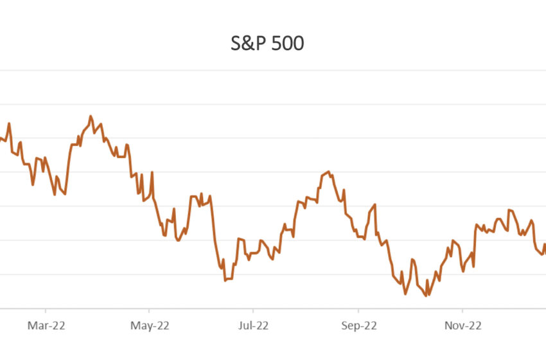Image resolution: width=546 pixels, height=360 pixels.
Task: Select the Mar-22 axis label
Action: [46, 326]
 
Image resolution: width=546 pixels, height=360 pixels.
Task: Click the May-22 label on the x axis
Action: [149, 326]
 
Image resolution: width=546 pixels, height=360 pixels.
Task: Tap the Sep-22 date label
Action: [358, 326]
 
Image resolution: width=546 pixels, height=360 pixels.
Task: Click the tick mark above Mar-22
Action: [46, 312]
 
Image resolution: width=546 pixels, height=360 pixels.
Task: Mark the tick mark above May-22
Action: [149, 312]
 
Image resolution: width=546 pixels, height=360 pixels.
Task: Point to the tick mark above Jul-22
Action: [252, 312]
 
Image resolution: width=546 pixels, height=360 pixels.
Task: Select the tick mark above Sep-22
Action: [358, 312]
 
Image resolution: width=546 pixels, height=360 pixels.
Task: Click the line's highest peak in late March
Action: [91, 116]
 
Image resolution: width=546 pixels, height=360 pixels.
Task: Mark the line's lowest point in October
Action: [425, 296]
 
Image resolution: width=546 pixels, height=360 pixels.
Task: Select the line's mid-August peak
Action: [328, 172]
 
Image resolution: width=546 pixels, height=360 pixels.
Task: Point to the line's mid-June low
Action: [225, 280]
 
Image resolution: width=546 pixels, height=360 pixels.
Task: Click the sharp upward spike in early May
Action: [152, 172]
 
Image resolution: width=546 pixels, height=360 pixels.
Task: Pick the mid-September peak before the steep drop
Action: [374, 204]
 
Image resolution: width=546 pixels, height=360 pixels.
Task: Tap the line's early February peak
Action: [9, 123]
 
